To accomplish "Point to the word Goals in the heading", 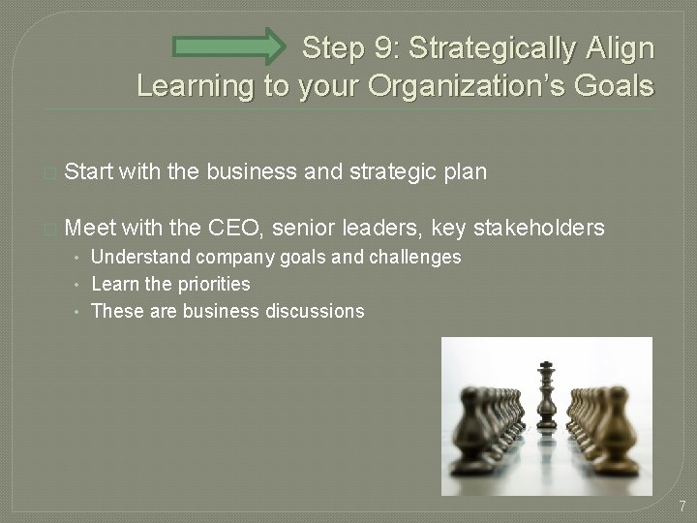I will pyautogui.click(x=611, y=86).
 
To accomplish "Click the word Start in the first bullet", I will pyautogui.click(x=91, y=171).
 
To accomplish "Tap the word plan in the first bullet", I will pyautogui.click(x=461, y=172).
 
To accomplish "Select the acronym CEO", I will pyautogui.click(x=243, y=228).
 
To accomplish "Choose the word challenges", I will pyautogui.click(x=410, y=259).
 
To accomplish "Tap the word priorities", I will pyautogui.click(x=210, y=285).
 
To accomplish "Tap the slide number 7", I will pyautogui.click(x=682, y=507).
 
